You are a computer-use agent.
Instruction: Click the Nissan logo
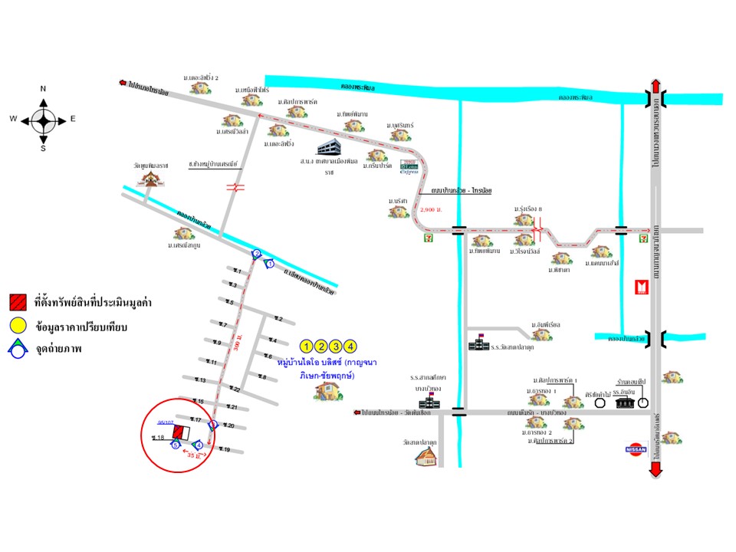pyautogui.click(x=636, y=449)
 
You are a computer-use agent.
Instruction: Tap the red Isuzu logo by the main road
pyautogui.click(x=642, y=287)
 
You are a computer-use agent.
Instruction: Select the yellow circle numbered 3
pyautogui.click(x=337, y=345)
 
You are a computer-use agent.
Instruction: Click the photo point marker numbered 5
pyautogui.click(x=176, y=445)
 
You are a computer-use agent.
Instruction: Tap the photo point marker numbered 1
pyautogui.click(x=269, y=264)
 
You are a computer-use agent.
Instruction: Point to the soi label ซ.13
pyautogui.click(x=200, y=380)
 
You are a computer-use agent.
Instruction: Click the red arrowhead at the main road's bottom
pyautogui.click(x=655, y=472)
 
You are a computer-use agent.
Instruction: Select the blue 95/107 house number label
pyautogui.click(x=166, y=422)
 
